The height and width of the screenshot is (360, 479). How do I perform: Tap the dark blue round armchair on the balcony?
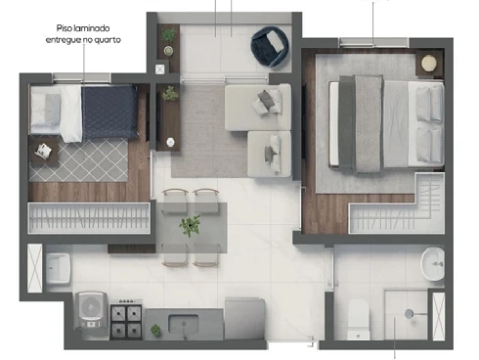coord(270,46)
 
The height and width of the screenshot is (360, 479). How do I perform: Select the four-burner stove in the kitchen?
coord(126,321)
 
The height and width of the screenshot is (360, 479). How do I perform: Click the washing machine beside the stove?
coord(91,310)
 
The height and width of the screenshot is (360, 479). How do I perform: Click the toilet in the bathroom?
coord(358,320)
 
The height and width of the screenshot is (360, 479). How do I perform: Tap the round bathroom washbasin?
coord(432,264)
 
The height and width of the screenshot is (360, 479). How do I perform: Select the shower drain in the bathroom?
coord(409,314)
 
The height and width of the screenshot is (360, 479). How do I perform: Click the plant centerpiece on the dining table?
coord(190,225)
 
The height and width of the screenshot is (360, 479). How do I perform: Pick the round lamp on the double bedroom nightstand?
coord(429,64)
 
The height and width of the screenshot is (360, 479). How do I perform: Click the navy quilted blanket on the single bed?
coord(109,112)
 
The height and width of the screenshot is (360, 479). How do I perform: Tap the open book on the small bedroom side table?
coord(43,150)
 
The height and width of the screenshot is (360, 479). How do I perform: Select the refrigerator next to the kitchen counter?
coord(244,318)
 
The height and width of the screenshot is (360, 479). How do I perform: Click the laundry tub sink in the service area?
coord(58,268)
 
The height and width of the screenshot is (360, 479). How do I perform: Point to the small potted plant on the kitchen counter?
coord(155,330)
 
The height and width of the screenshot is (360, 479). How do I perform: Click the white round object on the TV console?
coord(170,142)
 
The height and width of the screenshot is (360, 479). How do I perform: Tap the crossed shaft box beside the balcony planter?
coord(160,69)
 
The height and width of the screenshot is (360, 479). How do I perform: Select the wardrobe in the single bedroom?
coord(89,218)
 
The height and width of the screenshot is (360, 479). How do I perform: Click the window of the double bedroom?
coord(373,43)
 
